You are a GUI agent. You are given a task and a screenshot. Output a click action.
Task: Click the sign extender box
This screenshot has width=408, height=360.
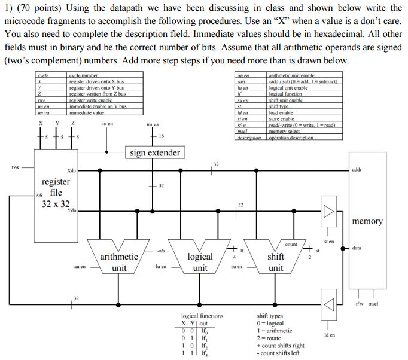155,152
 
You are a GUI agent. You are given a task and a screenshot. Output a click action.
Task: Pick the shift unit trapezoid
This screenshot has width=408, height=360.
275,257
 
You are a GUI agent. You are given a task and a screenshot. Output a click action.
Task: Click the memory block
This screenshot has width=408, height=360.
367,221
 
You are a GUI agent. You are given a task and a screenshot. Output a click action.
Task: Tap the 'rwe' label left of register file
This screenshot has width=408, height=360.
16,167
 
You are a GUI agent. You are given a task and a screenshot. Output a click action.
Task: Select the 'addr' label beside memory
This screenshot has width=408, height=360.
357,169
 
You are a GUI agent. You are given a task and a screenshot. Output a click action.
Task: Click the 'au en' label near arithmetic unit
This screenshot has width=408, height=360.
80,267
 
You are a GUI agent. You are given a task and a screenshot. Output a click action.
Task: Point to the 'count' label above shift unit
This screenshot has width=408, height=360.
291,244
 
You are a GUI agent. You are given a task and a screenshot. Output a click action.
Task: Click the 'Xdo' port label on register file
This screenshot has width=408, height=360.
71,171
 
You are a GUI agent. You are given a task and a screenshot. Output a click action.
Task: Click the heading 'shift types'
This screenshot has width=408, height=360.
272,316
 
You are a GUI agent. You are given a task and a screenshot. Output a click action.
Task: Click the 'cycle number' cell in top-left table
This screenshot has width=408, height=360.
83,75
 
